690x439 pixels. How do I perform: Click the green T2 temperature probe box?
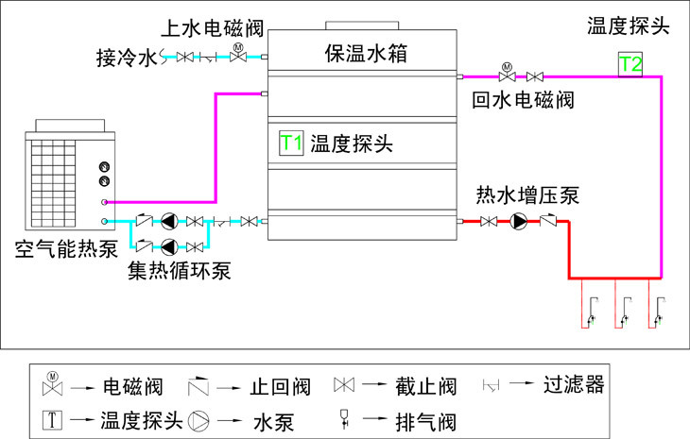pos(630,64)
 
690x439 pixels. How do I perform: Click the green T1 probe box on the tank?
pos(291,144)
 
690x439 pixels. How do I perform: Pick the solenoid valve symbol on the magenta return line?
pos(507,74)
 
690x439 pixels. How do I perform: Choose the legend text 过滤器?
pos(574,384)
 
